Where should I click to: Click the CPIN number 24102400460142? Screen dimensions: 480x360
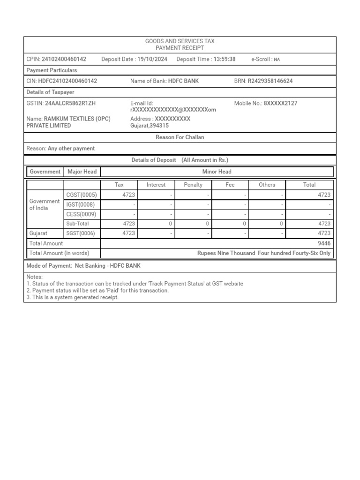coord(64,59)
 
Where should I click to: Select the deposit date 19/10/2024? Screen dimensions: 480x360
coord(152,59)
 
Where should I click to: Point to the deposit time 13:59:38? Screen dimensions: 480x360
coord(224,59)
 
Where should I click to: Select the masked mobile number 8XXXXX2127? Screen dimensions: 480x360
coord(280,103)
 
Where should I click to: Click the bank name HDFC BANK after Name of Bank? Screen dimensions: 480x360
coord(183,81)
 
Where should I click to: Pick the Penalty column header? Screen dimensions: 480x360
coord(193,185)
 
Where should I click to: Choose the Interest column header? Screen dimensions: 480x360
coord(156,185)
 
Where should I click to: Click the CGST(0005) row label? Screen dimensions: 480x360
coord(81,195)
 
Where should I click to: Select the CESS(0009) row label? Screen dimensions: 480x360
coord(81,214)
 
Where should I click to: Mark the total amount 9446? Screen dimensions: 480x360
coord(324,243)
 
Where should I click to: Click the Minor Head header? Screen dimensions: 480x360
coord(217,172)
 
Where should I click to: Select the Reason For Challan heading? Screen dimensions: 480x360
coord(180,137)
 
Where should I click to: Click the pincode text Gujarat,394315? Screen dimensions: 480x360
coord(150,126)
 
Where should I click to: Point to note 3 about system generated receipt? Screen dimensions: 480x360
coord(73,297)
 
